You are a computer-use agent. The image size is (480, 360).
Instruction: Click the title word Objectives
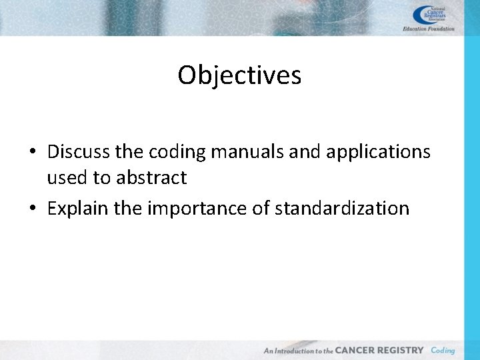click(239, 75)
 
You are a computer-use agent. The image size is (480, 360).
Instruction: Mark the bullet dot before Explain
click(33, 209)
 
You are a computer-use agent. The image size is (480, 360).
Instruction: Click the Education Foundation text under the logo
click(429, 29)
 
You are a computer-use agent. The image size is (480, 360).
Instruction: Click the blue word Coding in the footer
click(443, 350)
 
